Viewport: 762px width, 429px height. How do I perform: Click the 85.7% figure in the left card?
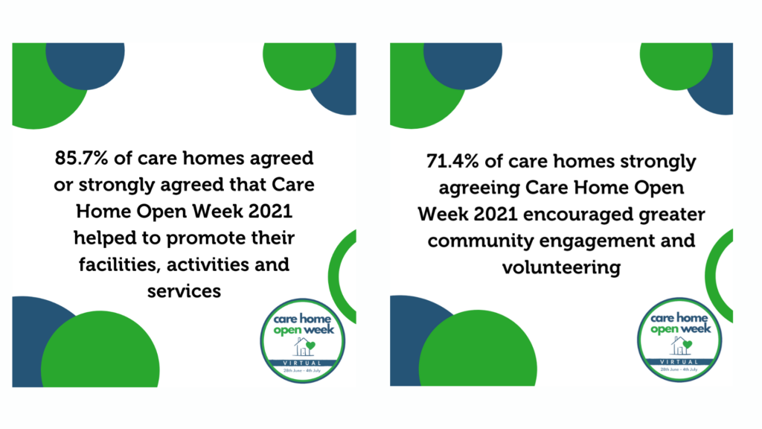pos(80,158)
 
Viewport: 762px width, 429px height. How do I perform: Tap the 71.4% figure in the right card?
pos(452,161)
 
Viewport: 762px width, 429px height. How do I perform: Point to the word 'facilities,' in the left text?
pos(120,264)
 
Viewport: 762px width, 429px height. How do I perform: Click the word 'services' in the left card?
pos(185,291)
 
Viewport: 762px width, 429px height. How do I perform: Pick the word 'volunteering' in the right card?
pos(561,267)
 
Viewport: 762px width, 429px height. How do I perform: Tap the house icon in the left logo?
pos(304,347)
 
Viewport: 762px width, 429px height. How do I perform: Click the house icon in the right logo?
pos(681,346)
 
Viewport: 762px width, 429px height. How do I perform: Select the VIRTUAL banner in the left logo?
pos(302,363)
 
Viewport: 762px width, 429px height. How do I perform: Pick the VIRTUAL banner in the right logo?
pos(679,362)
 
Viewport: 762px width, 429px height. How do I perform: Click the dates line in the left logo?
pos(302,371)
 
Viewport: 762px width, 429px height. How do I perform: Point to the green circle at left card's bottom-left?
pos(100,349)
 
